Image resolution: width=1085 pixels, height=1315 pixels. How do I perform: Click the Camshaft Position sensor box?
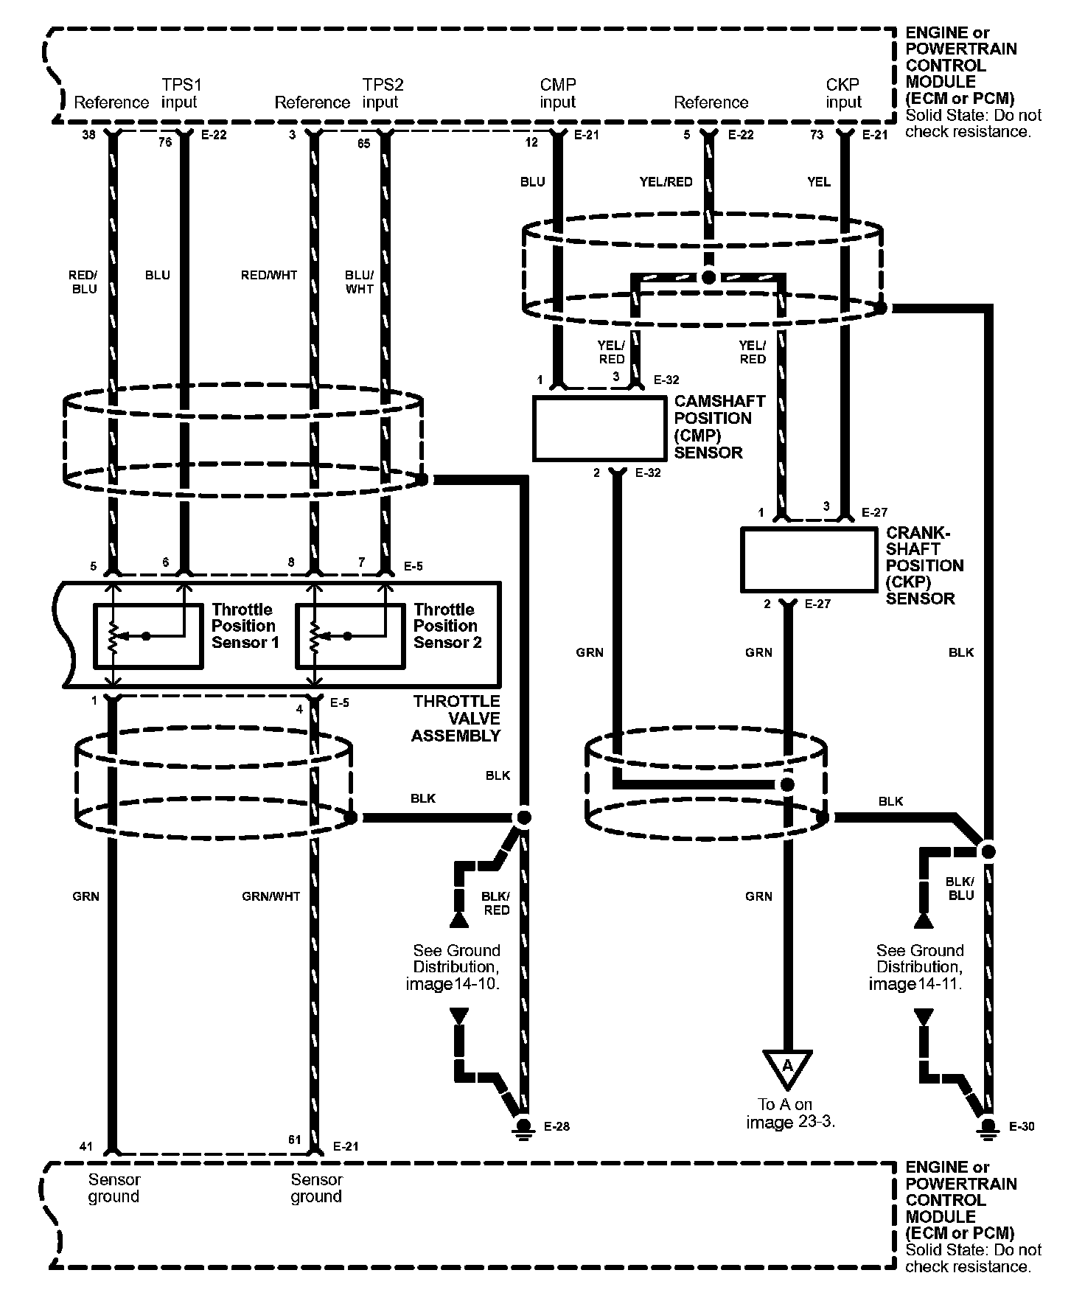pos(599,428)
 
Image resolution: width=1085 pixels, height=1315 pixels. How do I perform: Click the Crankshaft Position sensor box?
pos(808,559)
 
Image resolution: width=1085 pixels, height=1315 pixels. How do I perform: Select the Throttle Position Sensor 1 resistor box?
pos(148,636)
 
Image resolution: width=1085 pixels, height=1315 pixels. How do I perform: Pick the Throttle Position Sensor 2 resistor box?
pos(350,636)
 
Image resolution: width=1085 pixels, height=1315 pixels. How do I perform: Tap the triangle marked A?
pos(787,1067)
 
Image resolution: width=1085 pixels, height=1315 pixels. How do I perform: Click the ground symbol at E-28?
pos(524,1129)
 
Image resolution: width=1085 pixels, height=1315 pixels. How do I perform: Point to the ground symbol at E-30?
pos(988,1129)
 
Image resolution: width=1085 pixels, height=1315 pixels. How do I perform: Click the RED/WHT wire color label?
pos(269,275)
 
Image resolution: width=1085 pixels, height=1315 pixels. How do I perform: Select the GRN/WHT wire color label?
pos(271,896)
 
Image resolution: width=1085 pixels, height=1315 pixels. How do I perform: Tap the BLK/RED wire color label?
pos(495,903)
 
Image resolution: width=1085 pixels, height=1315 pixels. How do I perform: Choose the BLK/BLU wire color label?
pos(960,888)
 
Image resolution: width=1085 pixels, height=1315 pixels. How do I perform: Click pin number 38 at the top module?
pos(88,135)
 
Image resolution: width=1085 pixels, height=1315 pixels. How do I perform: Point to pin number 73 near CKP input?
pos(817,135)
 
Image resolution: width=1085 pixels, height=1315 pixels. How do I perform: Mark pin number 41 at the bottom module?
pos(86,1146)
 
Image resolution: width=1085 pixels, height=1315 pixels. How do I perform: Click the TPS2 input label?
pos(382,94)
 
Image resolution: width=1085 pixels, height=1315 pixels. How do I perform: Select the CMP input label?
pos(558,94)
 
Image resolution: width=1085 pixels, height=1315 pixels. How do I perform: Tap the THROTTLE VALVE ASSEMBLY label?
pos(456,718)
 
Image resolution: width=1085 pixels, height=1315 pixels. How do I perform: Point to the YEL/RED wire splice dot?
pos(708,278)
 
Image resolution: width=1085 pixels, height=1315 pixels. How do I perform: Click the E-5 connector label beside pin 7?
pos(414,566)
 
